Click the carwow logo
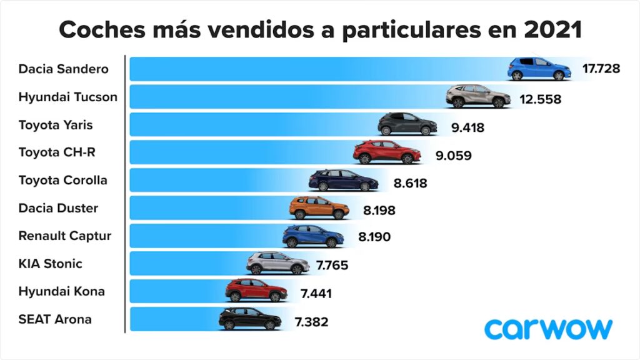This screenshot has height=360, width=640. coord(548,328)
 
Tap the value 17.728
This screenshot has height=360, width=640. coord(601,69)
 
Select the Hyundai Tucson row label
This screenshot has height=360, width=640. coord(67,97)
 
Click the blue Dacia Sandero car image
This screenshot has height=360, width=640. coord(539,69)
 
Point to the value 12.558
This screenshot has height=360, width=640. coord(540,99)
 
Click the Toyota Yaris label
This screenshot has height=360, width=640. coord(56,125)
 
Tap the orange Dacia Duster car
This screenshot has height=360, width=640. coord(319,207)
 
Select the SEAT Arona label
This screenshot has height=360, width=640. coord(55,319)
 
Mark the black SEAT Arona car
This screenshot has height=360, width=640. coord(250,319)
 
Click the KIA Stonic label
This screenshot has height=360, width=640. coord(50,264)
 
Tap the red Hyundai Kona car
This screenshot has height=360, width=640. coord(256,291)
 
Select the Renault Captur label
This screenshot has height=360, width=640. coord(65,236)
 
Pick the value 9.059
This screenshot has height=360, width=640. coord(453,156)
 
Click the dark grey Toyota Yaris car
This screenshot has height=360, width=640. coord(407,124)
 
